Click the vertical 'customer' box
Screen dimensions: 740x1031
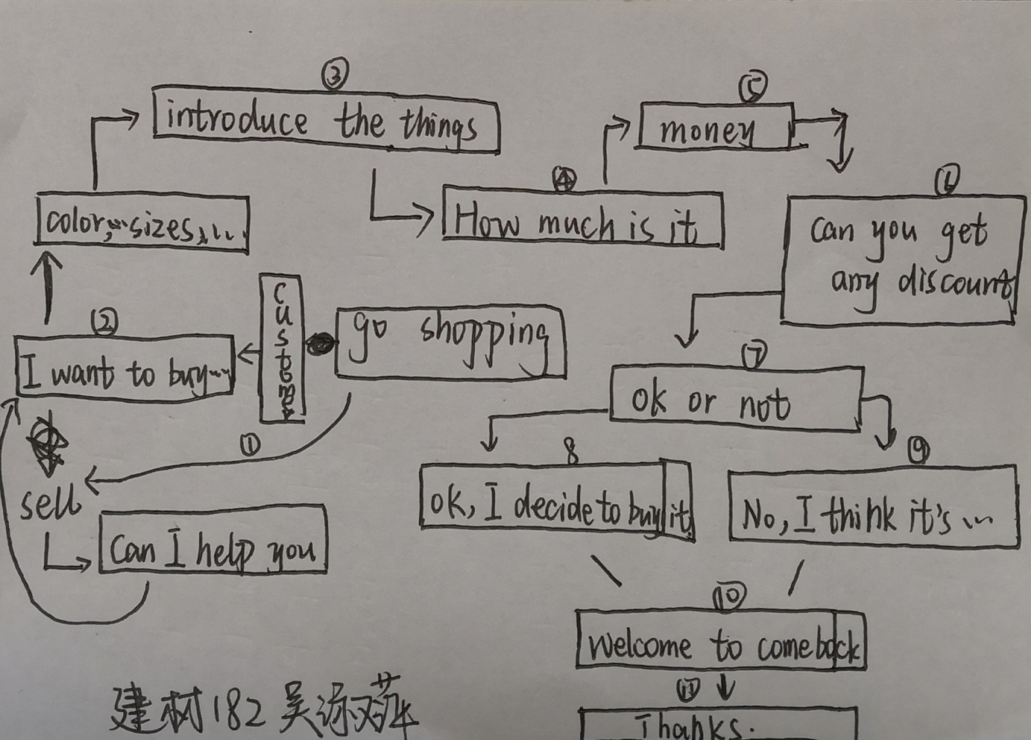(x=282, y=349)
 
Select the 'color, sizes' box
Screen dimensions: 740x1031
(x=142, y=223)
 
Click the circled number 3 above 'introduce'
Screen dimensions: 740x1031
(x=335, y=74)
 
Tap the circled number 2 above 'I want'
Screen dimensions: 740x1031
(x=104, y=322)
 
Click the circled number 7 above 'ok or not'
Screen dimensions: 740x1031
(x=754, y=355)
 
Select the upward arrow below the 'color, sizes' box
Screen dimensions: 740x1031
(x=47, y=286)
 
